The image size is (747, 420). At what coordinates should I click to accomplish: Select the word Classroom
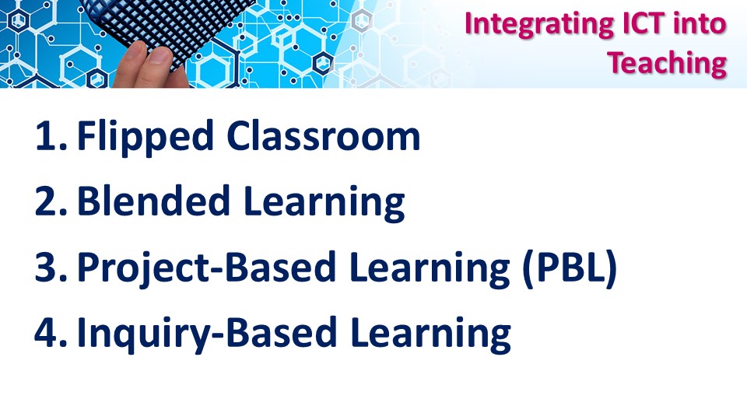click(x=324, y=135)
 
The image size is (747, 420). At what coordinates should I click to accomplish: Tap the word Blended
click(x=153, y=201)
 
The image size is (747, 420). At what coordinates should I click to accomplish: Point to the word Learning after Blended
click(x=324, y=203)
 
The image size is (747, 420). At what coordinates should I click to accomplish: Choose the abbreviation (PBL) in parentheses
click(x=570, y=268)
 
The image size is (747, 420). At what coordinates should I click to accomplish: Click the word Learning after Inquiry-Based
click(x=430, y=334)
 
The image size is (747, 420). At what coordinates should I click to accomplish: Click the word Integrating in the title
click(x=538, y=25)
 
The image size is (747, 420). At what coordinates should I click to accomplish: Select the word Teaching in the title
click(x=667, y=64)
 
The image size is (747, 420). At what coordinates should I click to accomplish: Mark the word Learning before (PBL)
click(x=430, y=268)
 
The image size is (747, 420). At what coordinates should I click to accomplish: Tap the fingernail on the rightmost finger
click(x=160, y=57)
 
